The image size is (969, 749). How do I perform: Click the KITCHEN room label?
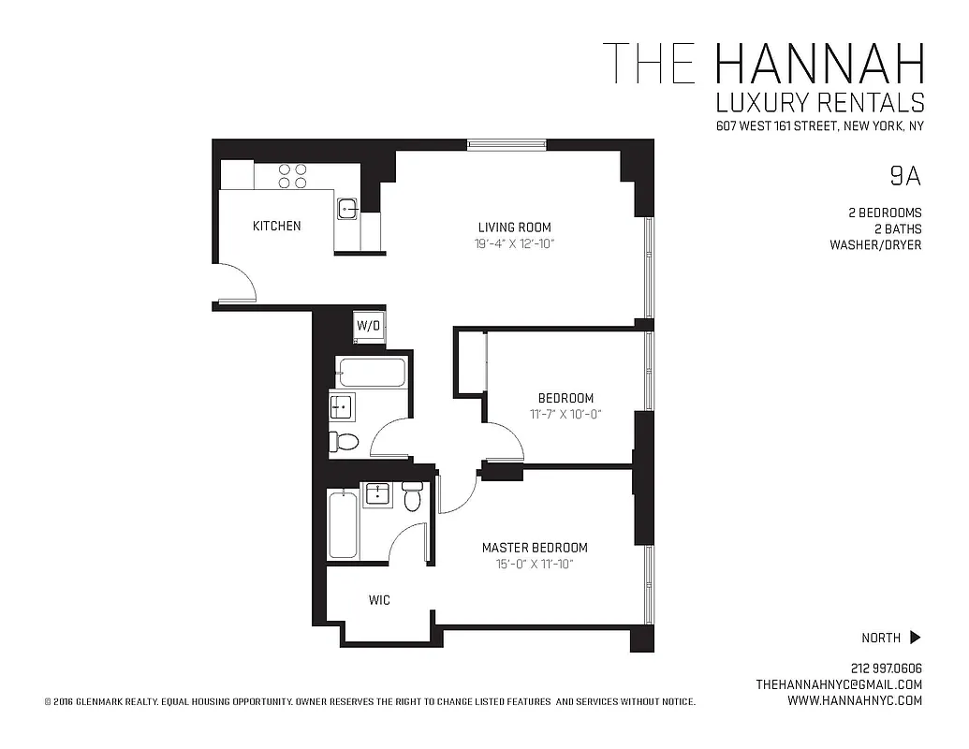[x=277, y=226]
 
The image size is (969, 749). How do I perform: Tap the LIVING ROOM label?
[x=514, y=227]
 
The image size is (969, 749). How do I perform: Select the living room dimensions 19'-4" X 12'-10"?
[x=514, y=244]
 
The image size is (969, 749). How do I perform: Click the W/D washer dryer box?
[x=368, y=326]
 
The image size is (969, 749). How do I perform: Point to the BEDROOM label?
[x=565, y=398]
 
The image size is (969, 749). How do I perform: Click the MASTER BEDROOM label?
[x=535, y=548]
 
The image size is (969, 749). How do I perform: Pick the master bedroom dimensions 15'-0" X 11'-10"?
[x=535, y=565]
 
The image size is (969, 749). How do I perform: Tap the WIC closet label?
[x=379, y=600]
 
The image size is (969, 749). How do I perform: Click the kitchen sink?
[x=347, y=208]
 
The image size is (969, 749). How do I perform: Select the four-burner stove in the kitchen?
[x=293, y=176]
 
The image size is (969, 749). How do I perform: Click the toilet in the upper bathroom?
[x=345, y=442]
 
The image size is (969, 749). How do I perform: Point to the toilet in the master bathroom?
[x=412, y=497]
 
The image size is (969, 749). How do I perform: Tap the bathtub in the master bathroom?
[x=343, y=524]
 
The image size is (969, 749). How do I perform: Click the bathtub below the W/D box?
[x=372, y=373]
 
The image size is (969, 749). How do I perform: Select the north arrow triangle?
[x=915, y=638]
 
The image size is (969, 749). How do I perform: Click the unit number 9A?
[x=904, y=175]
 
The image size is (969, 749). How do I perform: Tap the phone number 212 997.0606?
[x=887, y=668]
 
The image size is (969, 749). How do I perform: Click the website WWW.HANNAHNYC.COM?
[x=848, y=700]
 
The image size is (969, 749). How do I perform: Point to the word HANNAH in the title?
[x=818, y=64]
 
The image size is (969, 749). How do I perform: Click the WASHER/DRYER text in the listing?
[x=875, y=245]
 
